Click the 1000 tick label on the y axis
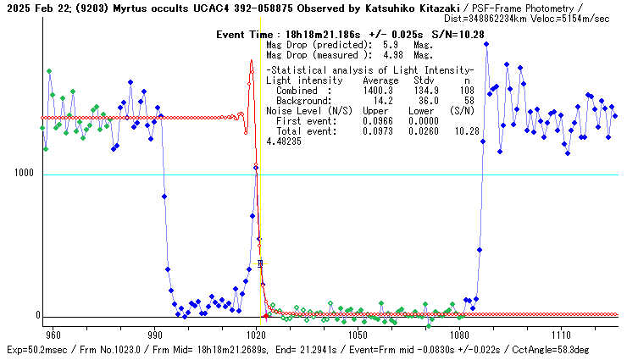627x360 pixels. coord(23,173)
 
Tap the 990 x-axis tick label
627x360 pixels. coord(155,335)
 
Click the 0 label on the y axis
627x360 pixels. coord(36,316)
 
